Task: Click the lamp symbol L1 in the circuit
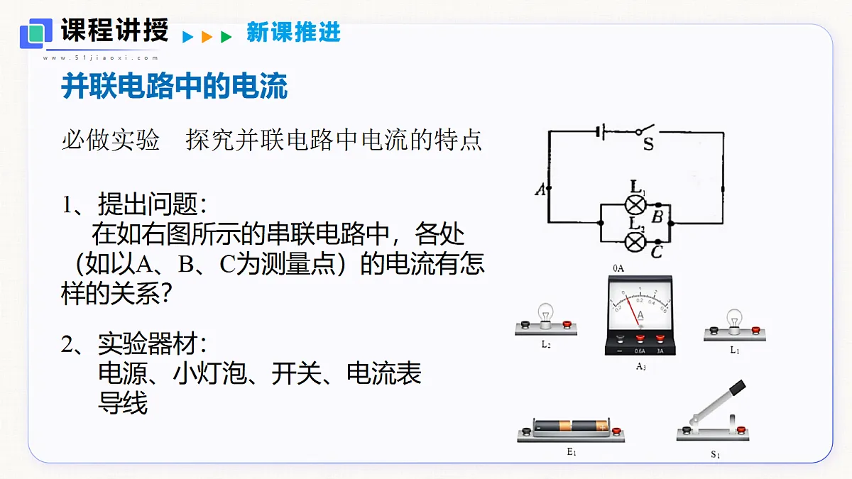635,205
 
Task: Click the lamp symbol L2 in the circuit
635,242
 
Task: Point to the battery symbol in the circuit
601,132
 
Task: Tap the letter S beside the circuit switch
648,143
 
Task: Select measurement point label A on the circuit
540,189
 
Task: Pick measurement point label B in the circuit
657,217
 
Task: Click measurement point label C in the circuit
657,252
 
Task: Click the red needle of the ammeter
632,311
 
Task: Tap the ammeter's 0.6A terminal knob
640,338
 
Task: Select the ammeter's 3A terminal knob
660,338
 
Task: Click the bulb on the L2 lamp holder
546,314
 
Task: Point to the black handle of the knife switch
738,387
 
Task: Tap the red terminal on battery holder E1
616,431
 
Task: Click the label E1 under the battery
572,452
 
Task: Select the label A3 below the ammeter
641,366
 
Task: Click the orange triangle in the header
207,37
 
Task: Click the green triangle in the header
226,37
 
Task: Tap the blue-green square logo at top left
36,33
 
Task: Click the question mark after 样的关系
166,292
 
